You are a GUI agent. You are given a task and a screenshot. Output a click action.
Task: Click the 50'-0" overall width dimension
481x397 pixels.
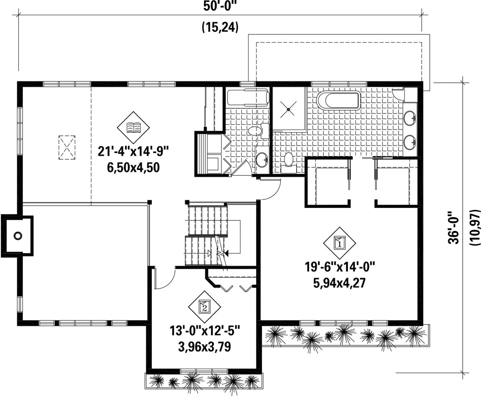pyautogui.click(x=220, y=6)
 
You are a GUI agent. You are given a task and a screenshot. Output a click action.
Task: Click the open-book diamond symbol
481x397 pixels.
pyautogui.click(x=134, y=126)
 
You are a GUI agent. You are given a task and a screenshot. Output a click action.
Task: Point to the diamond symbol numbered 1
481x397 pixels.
pyautogui.click(x=339, y=243)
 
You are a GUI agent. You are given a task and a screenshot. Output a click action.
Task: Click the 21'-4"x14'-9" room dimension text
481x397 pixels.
pyautogui.click(x=134, y=152)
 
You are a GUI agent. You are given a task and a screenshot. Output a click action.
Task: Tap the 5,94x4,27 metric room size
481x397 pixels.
pyautogui.click(x=339, y=283)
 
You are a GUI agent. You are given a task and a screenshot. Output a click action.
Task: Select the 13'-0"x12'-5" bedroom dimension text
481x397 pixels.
pyautogui.click(x=204, y=332)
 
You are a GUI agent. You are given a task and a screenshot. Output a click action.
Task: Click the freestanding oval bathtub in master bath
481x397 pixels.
pyautogui.click(x=338, y=100)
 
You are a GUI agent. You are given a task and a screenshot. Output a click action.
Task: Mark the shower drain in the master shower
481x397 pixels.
pyautogui.click(x=289, y=108)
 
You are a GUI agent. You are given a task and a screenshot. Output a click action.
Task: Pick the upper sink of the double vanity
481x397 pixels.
pyautogui.click(x=410, y=118)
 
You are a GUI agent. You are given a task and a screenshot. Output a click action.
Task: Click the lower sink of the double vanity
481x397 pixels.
pyautogui.click(x=410, y=142)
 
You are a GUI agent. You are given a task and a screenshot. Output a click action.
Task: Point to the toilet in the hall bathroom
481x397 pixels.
pyautogui.click(x=257, y=131)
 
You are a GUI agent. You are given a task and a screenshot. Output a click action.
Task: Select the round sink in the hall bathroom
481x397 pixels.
pyautogui.click(x=262, y=160)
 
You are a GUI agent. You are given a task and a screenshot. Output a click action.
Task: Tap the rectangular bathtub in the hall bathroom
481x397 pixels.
pyautogui.click(x=248, y=97)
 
